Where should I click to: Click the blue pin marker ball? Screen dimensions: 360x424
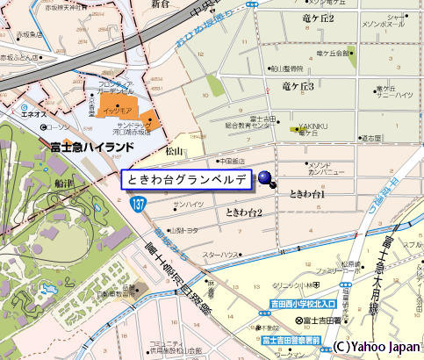point(264,179)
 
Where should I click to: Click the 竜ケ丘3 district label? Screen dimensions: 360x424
point(298,85)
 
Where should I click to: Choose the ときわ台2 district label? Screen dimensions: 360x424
point(244,212)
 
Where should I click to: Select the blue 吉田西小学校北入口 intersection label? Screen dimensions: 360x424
point(302,306)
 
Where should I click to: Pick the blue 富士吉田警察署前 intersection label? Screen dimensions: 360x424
point(291,338)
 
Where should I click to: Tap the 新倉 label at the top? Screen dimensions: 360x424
point(160,4)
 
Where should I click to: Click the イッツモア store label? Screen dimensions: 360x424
point(118,112)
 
